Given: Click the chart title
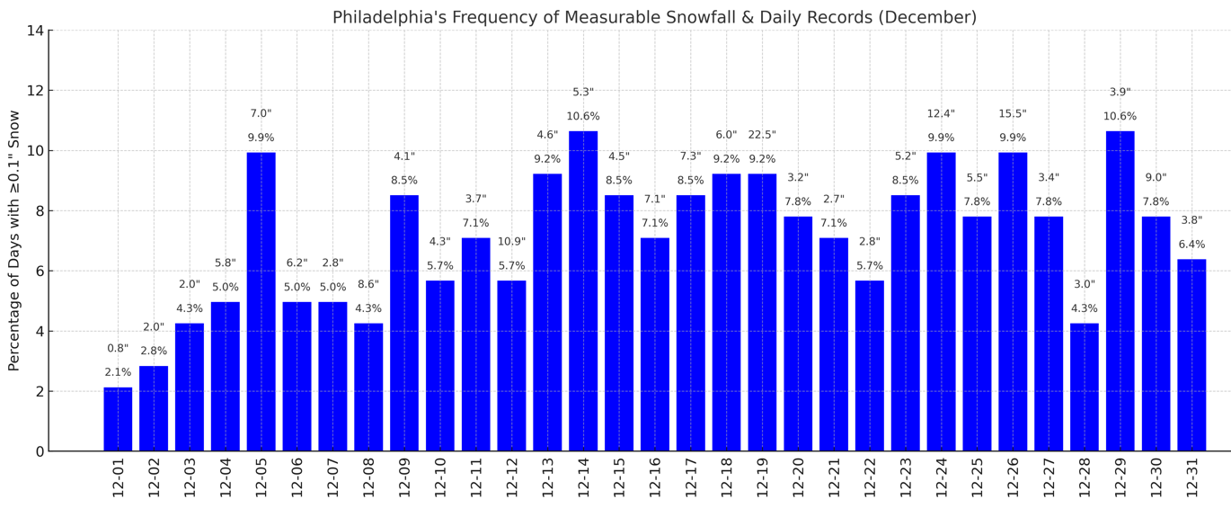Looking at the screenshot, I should click(654, 18).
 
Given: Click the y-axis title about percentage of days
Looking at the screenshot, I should click(14, 240).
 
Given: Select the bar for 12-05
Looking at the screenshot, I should click(261, 301).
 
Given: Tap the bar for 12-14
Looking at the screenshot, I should click(583, 290).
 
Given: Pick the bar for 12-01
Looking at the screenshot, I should click(118, 419).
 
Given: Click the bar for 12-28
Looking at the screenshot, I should click(1085, 387).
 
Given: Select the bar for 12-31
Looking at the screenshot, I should click(1191, 355).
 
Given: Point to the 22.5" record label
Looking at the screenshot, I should click(762, 135).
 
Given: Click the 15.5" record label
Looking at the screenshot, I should click(1013, 114).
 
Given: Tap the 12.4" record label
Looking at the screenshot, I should click(941, 114).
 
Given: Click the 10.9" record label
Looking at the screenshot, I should click(511, 242).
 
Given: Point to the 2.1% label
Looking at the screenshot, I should click(118, 372).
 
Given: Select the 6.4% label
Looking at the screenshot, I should click(1191, 245).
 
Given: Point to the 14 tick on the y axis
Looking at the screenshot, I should click(35, 31).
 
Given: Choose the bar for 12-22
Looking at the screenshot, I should click(870, 365).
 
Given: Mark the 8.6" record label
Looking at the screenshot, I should click(368, 284).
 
